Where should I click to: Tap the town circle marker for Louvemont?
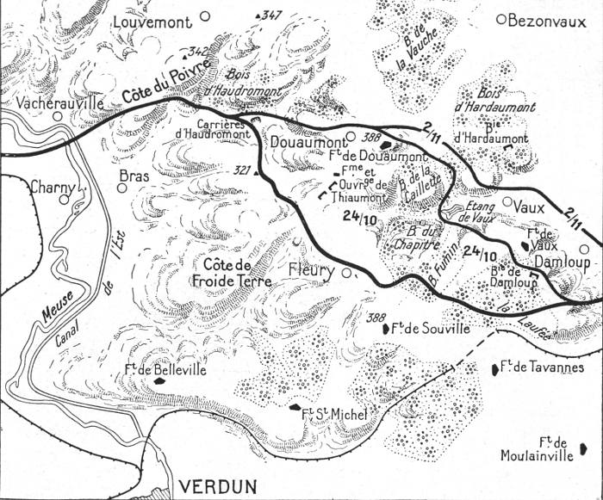click(x=205, y=15)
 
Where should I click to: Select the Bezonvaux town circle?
click(x=502, y=19)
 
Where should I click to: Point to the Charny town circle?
click(x=64, y=199)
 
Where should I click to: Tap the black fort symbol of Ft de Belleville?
click(x=159, y=379)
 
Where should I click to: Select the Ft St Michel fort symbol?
click(x=295, y=406)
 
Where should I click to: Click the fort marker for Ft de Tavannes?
click(x=494, y=369)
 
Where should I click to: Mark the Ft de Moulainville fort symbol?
click(x=585, y=448)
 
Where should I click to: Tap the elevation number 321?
click(x=245, y=170)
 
